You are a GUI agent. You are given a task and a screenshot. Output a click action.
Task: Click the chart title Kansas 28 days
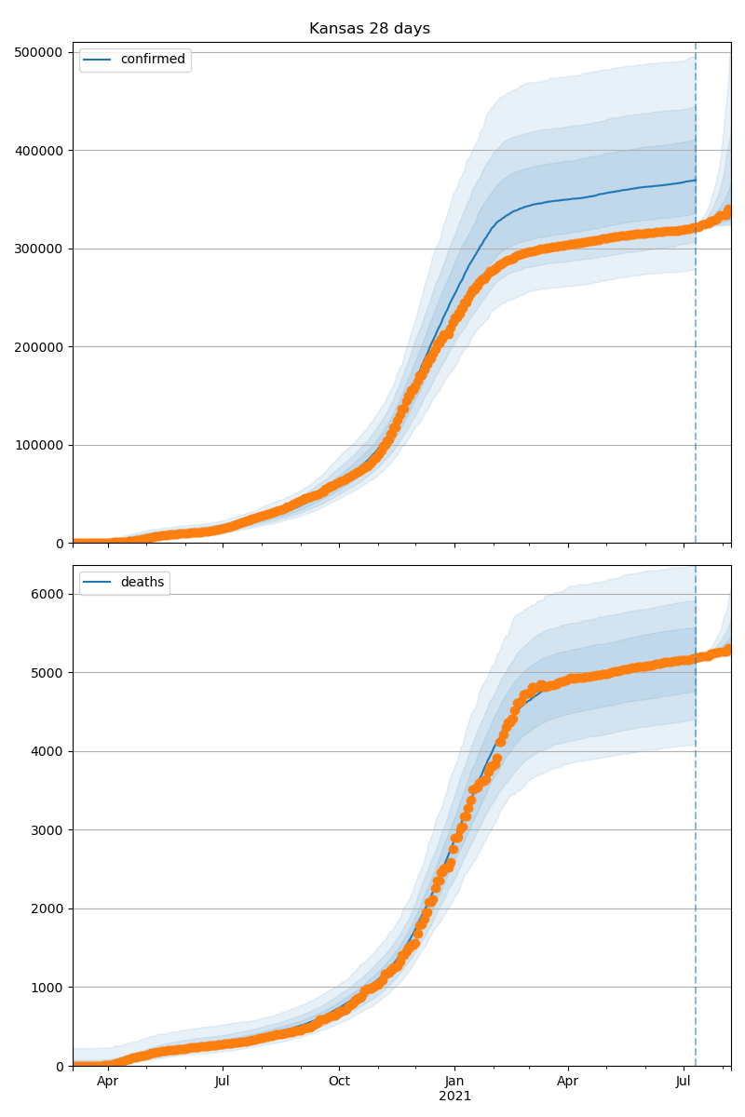point(370,29)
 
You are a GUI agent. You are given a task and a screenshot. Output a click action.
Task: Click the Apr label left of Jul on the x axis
point(108,1083)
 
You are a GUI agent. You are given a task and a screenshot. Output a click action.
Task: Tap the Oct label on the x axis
point(339,1083)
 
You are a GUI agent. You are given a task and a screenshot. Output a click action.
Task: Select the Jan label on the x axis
point(454,1083)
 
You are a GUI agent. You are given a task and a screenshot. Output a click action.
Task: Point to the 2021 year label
point(454,1097)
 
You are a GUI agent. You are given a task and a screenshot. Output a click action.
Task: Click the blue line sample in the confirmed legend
point(98,61)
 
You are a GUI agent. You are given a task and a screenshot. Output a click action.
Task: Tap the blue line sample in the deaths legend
point(98,584)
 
